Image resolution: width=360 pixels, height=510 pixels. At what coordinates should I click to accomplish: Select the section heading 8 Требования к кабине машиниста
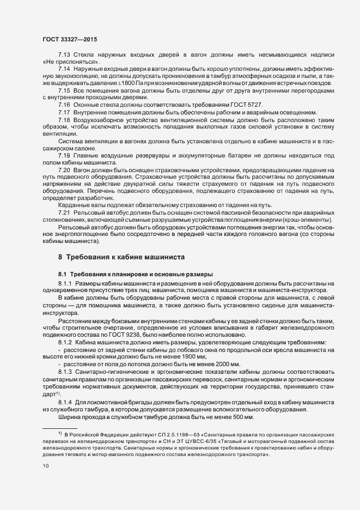(122, 256)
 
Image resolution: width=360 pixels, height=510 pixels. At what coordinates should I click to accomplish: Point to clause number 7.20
(64, 170)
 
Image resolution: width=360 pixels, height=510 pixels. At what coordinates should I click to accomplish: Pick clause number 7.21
(64, 211)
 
